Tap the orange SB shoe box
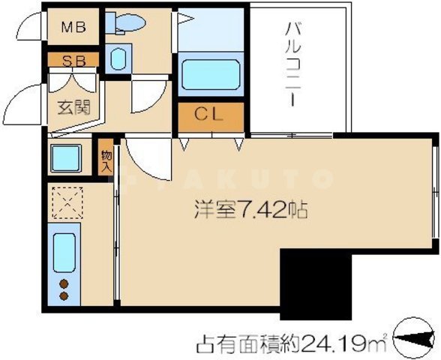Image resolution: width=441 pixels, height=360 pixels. point(73,60)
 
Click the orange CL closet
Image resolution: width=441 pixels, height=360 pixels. point(211,115)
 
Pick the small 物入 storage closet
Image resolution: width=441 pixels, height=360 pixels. point(106,161)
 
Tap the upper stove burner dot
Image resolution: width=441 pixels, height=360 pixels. point(64,284)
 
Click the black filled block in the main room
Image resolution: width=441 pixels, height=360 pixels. point(314,286)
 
